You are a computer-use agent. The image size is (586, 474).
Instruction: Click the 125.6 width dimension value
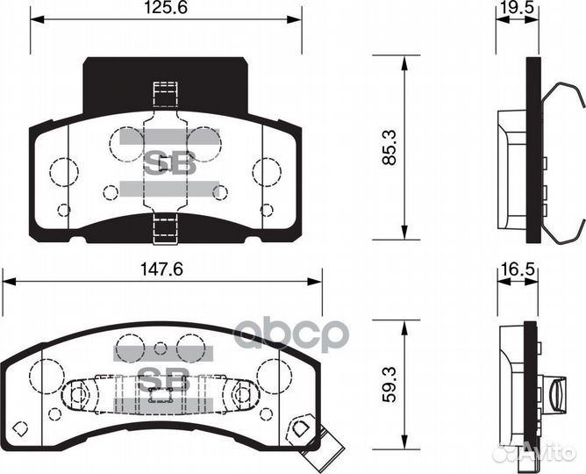pyautogui.click(x=168, y=10)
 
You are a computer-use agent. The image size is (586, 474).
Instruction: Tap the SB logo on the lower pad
pyautogui.click(x=160, y=378)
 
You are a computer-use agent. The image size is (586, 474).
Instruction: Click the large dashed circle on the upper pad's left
pyautogui.click(x=63, y=171)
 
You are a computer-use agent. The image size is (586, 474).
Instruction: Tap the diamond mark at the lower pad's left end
pyautogui.click(x=23, y=427)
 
